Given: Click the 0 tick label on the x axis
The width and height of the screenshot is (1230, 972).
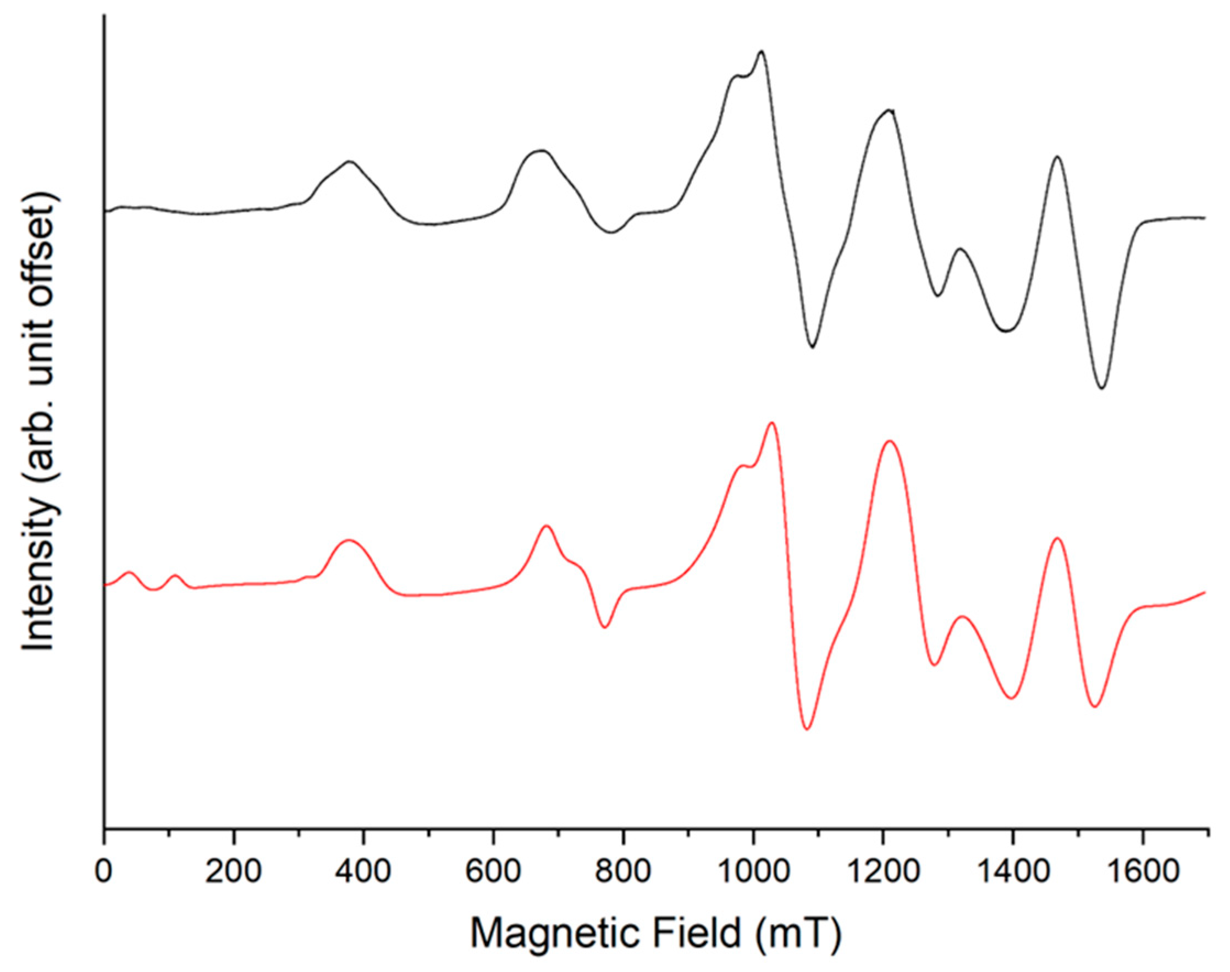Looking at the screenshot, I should click(103, 871).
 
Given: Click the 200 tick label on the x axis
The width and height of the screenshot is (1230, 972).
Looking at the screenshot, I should click(233, 871).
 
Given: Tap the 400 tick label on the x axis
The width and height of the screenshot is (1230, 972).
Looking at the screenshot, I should click(363, 871).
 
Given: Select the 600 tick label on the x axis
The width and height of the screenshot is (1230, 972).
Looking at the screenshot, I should click(493, 871).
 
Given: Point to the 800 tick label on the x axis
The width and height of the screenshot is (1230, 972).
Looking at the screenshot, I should click(624, 871).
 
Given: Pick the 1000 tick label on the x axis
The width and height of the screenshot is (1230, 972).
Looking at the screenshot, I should click(753, 871).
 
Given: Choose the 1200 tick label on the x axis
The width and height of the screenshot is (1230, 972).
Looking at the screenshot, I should click(883, 871).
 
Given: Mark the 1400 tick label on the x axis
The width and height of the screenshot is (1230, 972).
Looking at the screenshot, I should click(1013, 871).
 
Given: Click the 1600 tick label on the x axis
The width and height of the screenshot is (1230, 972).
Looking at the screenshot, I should click(1143, 871).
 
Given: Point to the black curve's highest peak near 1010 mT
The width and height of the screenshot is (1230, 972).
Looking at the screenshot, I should click(761, 52).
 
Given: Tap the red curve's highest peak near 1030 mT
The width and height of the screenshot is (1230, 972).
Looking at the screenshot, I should click(772, 423).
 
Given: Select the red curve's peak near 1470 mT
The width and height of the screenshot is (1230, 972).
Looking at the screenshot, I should click(1057, 538).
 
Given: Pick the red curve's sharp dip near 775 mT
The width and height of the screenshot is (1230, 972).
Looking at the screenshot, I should click(605, 627).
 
